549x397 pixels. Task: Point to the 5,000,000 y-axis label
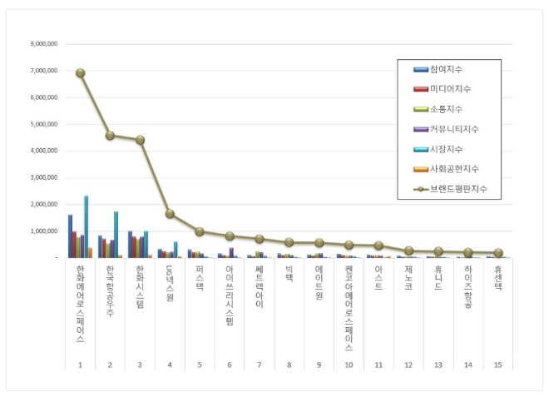44,124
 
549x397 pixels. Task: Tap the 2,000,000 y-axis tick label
44,204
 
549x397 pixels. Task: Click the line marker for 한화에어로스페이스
81,72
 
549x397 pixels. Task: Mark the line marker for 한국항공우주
110,135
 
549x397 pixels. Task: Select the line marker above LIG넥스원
170,214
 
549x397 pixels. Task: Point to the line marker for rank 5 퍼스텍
200,231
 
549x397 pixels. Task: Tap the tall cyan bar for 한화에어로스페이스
86,226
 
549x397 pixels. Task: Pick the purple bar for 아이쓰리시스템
231,252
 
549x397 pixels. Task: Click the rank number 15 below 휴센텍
497,364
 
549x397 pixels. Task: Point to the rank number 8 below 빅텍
289,364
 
